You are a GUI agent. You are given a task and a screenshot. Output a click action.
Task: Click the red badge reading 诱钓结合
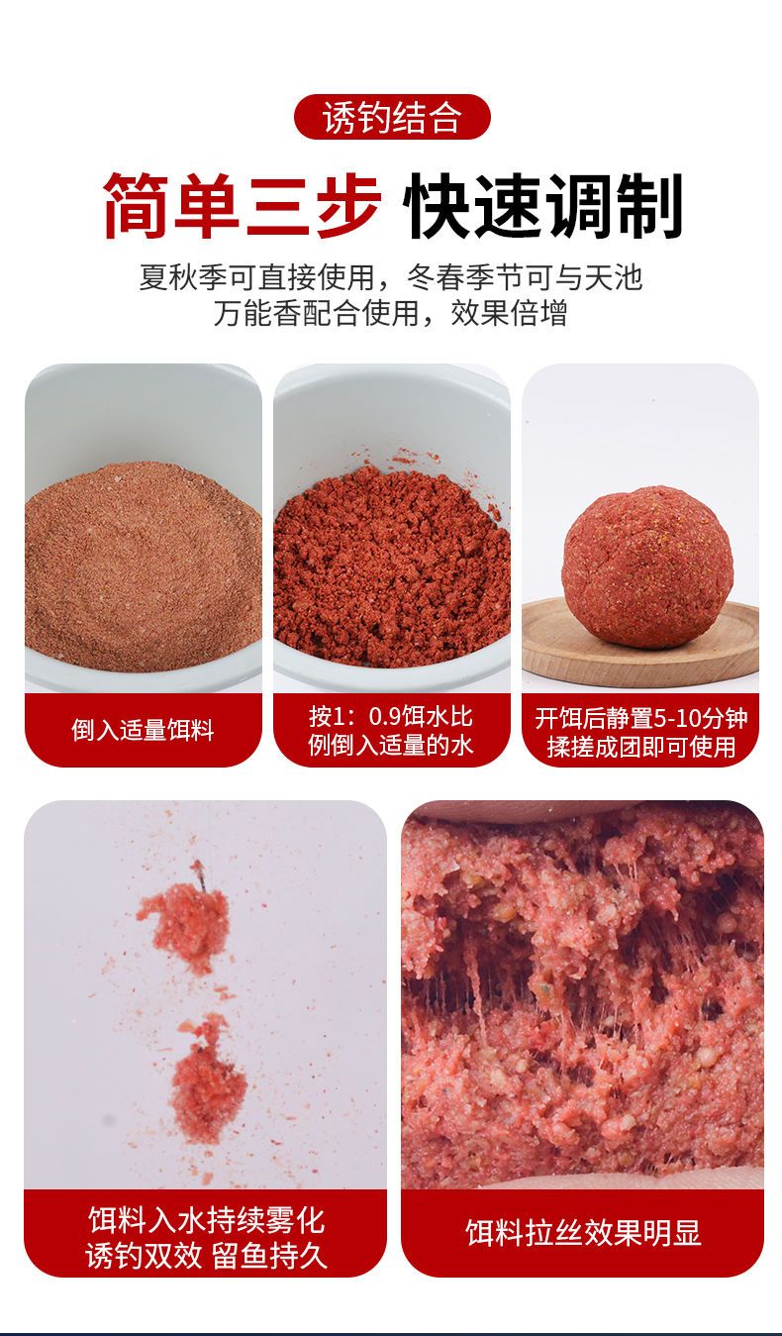(392, 117)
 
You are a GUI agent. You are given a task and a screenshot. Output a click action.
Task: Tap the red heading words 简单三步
(242, 206)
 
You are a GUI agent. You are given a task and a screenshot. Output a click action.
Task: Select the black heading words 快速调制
(542, 206)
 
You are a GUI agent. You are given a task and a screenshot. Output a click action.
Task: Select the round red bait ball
(647, 566)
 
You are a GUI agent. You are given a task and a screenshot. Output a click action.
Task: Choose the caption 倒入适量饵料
(144, 730)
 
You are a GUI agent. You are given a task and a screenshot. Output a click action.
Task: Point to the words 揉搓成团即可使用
(640, 747)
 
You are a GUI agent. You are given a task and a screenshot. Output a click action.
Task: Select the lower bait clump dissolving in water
(209, 1079)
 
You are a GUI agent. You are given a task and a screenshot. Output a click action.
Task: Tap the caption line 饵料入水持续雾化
(206, 1220)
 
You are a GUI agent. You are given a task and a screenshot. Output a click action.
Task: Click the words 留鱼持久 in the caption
(269, 1256)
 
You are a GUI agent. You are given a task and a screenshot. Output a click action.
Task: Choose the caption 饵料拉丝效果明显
(583, 1233)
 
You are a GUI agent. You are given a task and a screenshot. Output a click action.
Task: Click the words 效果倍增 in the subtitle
(509, 313)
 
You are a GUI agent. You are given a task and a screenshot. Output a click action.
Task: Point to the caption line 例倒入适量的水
(391, 745)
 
